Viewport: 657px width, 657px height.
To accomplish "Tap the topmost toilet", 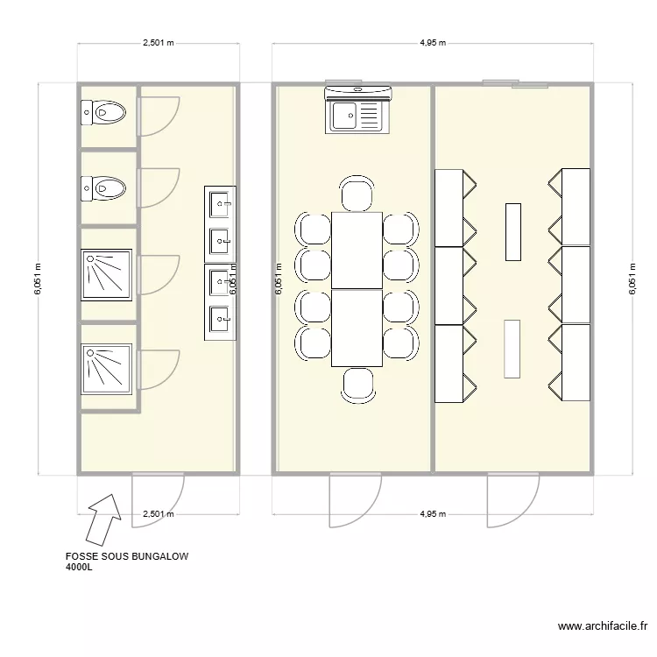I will click(104, 111).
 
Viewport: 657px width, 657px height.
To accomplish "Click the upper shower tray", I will click(107, 272).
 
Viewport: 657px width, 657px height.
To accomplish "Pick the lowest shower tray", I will click(107, 366).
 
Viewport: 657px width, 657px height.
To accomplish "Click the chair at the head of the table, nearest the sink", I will click(357, 194).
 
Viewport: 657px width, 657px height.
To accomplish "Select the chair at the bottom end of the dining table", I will click(357, 385).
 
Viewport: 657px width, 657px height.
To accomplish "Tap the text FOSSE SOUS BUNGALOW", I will click(127, 556).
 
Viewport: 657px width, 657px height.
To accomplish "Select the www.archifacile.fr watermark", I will click(602, 626).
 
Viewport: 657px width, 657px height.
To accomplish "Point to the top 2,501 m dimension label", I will click(158, 42).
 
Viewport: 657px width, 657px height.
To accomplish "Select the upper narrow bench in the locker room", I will click(512, 231).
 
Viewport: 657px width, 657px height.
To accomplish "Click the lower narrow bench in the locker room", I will click(512, 349).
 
